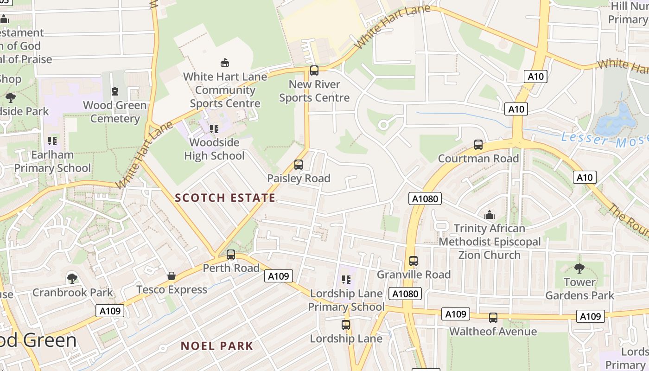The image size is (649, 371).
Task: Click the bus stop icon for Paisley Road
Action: pyautogui.click(x=299, y=165)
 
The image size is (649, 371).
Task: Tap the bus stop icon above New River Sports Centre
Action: pyautogui.click(x=314, y=70)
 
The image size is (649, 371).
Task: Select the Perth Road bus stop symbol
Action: pyautogui.click(x=231, y=255)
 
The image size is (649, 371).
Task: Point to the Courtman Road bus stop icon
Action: pyautogui.click(x=478, y=145)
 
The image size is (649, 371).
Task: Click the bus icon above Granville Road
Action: pyautogui.click(x=414, y=261)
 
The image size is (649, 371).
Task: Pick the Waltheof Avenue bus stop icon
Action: pyautogui.click(x=493, y=318)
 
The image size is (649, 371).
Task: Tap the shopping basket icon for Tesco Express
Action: pyautogui.click(x=172, y=276)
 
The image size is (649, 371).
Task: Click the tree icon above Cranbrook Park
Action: pyautogui.click(x=72, y=278)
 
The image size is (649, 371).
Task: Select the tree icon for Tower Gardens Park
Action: pyautogui.click(x=579, y=268)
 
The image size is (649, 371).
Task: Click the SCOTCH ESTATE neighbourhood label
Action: pyautogui.click(x=225, y=198)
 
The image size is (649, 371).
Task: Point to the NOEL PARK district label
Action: pyautogui.click(x=217, y=346)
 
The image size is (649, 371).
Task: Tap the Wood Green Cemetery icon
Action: pyautogui.click(x=115, y=92)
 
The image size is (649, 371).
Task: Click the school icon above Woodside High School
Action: pyautogui.click(x=214, y=128)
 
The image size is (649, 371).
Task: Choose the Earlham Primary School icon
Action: pyautogui.click(x=52, y=141)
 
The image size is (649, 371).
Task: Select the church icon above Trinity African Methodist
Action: pyautogui.click(x=489, y=215)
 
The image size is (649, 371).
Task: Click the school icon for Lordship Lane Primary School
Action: pyautogui.click(x=346, y=279)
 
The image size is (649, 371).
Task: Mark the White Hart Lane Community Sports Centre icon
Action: pyautogui.click(x=225, y=63)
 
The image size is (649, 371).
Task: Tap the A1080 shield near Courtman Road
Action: pyautogui.click(x=425, y=199)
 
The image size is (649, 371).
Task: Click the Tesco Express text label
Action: pyautogui.click(x=172, y=290)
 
